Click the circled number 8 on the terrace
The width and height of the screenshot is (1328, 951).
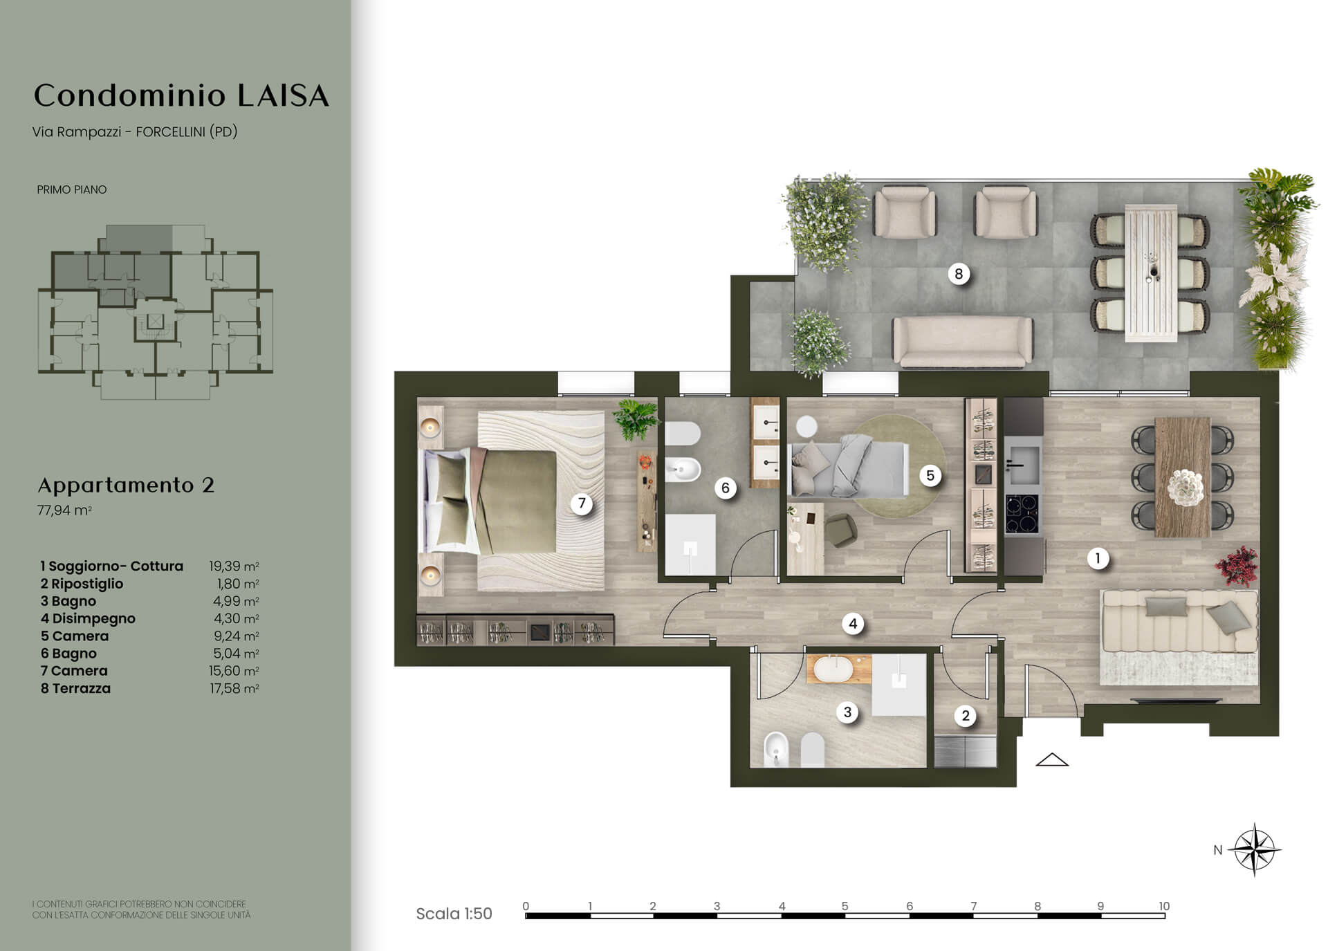(959, 274)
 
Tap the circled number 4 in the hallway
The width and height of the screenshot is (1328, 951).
(853, 624)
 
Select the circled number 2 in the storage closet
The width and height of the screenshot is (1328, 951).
(966, 716)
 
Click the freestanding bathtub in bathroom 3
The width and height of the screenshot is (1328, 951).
(839, 670)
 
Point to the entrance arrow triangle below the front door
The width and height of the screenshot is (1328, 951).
(1052, 759)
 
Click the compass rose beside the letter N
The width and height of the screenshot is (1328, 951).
(1255, 849)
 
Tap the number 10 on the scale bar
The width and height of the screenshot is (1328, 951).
(1164, 906)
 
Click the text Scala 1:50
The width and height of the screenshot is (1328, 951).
(454, 914)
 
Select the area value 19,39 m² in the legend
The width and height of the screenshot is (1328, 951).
(234, 566)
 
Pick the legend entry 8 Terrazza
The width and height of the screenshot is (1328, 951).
(75, 688)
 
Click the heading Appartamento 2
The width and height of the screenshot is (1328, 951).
(126, 485)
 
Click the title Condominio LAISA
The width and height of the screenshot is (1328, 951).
(181, 95)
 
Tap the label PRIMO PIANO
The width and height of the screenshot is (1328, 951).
(72, 190)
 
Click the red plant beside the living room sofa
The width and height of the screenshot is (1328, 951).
(1237, 565)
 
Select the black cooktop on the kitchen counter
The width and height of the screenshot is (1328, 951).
(1022, 514)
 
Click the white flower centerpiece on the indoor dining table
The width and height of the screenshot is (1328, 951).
(1186, 488)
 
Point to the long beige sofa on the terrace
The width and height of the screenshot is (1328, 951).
(963, 341)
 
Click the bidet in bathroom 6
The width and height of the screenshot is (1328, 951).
(683, 470)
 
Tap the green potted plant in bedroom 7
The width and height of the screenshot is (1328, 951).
(635, 419)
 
